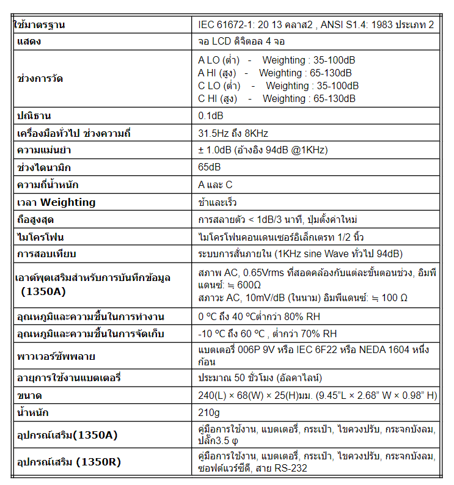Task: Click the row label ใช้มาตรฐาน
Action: [40, 26]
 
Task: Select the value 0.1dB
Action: [211, 115]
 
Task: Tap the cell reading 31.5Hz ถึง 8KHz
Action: [233, 133]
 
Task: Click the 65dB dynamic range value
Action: [210, 167]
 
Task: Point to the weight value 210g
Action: [208, 413]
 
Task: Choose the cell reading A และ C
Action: [215, 184]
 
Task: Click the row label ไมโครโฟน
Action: [42, 236]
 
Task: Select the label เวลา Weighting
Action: [56, 202]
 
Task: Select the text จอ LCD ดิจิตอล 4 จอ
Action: [241, 42]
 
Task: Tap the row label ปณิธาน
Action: [34, 115]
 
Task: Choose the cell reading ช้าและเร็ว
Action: [218, 202]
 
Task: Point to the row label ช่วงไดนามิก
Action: [45, 167]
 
